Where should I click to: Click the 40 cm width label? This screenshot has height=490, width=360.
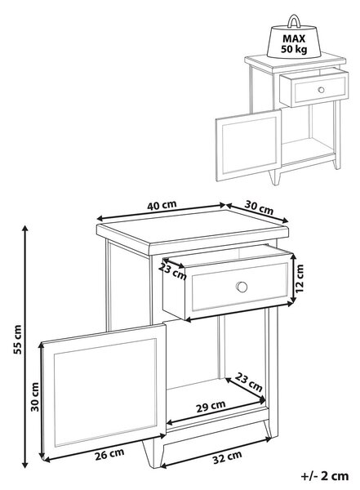(x=162, y=205)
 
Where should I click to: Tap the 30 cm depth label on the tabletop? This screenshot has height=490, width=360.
(x=259, y=207)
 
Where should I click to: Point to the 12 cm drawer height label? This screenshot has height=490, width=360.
(x=300, y=278)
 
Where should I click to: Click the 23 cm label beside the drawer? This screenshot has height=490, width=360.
(x=172, y=271)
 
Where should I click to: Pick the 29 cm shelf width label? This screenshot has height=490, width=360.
(x=211, y=406)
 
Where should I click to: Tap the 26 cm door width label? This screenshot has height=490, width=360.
(x=109, y=454)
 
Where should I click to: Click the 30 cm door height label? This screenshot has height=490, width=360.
(x=35, y=397)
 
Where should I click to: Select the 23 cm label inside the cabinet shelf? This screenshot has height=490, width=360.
(x=248, y=382)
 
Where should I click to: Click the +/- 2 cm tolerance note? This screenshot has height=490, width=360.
(x=325, y=476)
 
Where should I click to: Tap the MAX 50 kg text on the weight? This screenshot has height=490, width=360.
(x=294, y=44)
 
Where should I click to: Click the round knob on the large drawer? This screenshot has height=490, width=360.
(x=242, y=287)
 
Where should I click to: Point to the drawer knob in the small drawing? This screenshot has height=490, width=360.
(x=321, y=90)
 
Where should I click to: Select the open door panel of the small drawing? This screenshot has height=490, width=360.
(x=248, y=145)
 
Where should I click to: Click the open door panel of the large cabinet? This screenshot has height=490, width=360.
(x=104, y=392)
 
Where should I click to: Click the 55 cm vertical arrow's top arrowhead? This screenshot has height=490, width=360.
(x=25, y=229)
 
